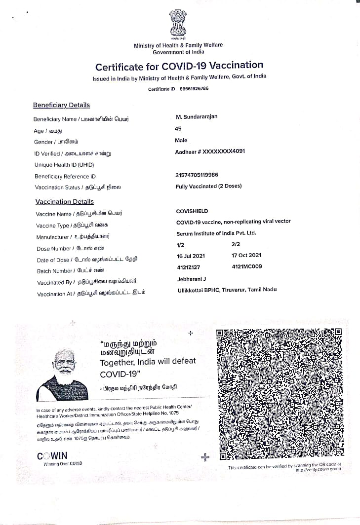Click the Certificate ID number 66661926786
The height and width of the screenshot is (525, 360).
(x=194, y=89)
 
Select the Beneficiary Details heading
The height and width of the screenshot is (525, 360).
(x=61, y=105)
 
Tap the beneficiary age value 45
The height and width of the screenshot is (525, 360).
(x=178, y=128)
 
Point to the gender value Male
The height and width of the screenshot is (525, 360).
(x=181, y=140)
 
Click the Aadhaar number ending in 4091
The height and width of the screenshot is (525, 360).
(x=210, y=151)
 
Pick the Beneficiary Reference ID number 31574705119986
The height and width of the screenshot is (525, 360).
(x=197, y=175)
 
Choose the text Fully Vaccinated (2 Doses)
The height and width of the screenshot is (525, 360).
(x=208, y=187)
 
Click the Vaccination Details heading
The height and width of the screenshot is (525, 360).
(x=64, y=202)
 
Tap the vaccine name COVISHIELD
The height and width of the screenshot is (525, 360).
(x=193, y=211)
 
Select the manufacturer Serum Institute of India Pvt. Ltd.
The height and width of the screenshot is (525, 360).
(x=216, y=233)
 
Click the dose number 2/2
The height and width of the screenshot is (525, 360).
(x=236, y=244)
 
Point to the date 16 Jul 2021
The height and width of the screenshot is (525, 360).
(x=190, y=256)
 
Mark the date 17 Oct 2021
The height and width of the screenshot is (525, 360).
(x=246, y=255)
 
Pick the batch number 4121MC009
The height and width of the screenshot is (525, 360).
(x=246, y=266)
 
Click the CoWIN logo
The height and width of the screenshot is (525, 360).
(x=52, y=456)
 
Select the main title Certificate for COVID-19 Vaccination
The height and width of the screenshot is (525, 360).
(x=179, y=66)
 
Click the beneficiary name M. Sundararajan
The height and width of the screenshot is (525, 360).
(x=197, y=116)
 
